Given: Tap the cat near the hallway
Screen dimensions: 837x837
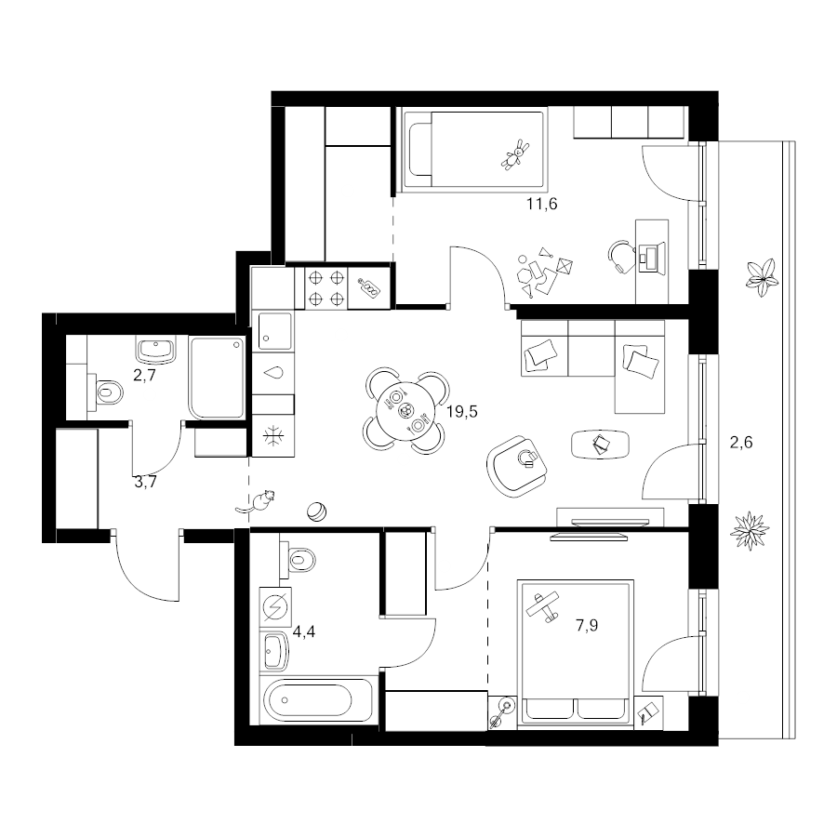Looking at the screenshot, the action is (257, 502).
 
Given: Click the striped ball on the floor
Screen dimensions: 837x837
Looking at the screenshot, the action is (316, 511).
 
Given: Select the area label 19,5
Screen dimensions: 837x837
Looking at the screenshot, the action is (462, 412).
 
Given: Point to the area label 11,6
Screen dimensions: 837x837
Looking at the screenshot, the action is (542, 204).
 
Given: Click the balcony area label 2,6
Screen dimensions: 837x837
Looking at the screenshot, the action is (741, 442).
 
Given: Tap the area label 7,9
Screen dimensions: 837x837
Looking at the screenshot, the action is (587, 625).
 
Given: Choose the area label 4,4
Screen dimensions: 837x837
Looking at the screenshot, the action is (304, 632).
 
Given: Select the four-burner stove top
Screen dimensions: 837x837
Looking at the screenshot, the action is (326, 288).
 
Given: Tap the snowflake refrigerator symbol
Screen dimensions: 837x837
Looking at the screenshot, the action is (272, 436).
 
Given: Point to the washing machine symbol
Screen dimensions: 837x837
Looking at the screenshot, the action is (276, 607).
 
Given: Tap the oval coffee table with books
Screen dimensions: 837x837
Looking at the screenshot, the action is (600, 444).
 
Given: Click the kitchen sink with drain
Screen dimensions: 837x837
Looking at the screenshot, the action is (275, 330).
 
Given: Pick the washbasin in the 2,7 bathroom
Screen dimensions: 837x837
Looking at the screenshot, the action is (156, 350).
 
